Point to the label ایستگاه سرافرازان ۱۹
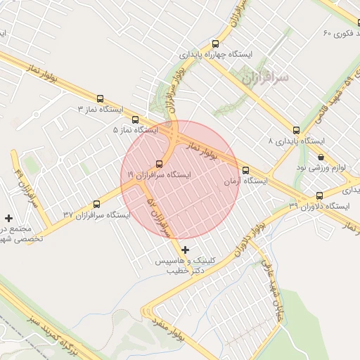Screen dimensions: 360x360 point(159,174)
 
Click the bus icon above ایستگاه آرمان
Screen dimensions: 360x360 point(245,170)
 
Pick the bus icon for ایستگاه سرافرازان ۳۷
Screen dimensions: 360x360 point(96,204)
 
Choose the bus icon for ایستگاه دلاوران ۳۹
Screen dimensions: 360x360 point(320,195)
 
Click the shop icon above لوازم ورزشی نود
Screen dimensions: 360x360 point(321,157)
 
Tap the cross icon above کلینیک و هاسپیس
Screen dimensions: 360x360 point(185,250)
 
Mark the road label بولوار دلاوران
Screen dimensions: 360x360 point(250,236)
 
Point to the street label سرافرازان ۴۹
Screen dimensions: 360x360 point(21,181)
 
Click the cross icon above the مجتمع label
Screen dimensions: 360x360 point(8,218)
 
